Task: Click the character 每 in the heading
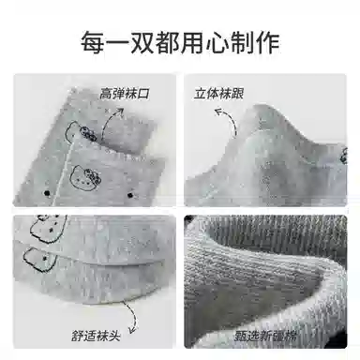point(93,42)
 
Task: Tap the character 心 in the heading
point(217,42)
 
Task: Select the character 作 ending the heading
point(267,42)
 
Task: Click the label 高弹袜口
point(125,94)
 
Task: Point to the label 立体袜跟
point(218,94)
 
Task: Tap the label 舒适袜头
point(96,336)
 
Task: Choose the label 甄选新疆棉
point(265,337)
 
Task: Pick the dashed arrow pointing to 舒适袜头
point(132,316)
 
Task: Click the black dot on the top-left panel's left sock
point(47,193)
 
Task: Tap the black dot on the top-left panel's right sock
point(130,196)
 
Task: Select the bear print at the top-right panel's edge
point(343,156)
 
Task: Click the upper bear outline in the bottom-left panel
point(48,229)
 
